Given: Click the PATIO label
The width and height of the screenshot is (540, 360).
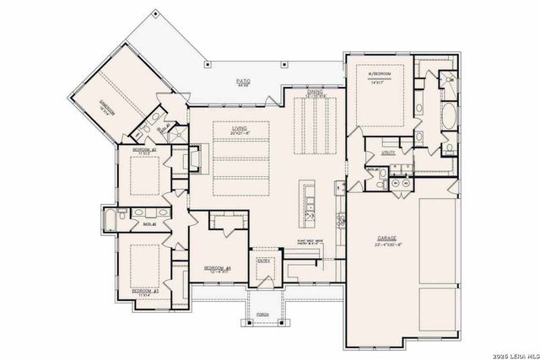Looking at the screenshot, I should tap(242, 80).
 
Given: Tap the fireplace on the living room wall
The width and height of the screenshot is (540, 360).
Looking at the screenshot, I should tap(193, 159).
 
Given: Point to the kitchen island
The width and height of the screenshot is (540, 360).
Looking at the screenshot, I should tap(309, 202).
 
